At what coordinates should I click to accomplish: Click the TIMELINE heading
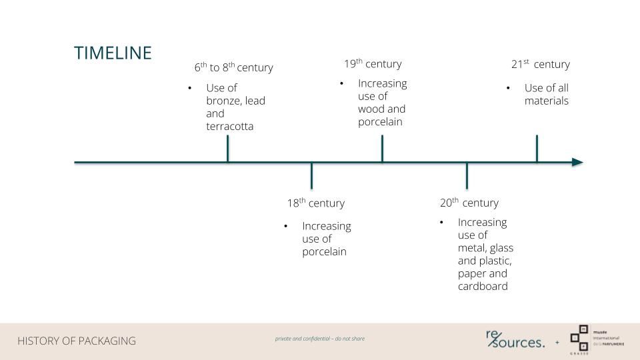pyautogui.click(x=113, y=53)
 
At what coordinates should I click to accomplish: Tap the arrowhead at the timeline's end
pyautogui.click(x=577, y=162)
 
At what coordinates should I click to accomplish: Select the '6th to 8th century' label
pyautogui.click(x=233, y=67)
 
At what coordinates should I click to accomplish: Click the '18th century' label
pyautogui.click(x=316, y=203)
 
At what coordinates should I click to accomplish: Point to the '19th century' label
pyautogui.click(x=373, y=64)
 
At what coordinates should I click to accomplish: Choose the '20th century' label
pyautogui.click(x=469, y=203)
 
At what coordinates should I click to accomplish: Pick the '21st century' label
pyautogui.click(x=541, y=64)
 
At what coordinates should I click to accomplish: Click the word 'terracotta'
pyautogui.click(x=230, y=126)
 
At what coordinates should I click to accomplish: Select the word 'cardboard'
pyautogui.click(x=483, y=286)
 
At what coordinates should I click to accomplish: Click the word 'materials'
pyautogui.click(x=547, y=101)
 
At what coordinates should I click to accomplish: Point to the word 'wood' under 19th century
pyautogui.click(x=369, y=109)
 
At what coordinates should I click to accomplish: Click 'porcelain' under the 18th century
pyautogui.click(x=325, y=252)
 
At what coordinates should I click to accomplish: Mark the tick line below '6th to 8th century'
pyautogui.click(x=228, y=149)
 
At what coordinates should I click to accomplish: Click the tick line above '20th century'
pyautogui.click(x=467, y=175)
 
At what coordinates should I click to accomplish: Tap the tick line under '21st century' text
pyautogui.click(x=537, y=149)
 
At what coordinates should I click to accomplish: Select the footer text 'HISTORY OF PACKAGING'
pyautogui.click(x=76, y=341)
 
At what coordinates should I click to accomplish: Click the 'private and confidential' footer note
pyautogui.click(x=319, y=339)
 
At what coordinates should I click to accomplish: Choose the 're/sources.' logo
pyautogui.click(x=515, y=339)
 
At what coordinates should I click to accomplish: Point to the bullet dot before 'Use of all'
pyautogui.click(x=508, y=88)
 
